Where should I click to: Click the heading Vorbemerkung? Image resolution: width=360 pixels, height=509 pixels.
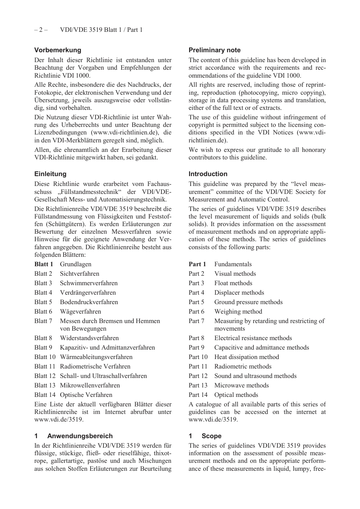pos(58,50)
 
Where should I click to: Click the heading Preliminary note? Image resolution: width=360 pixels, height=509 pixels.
pos(214,50)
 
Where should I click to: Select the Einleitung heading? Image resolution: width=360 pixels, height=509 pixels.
pos(50,174)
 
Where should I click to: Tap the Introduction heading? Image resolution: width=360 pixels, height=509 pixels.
pos(208,174)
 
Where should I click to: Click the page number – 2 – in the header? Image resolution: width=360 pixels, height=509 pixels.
pos(41,30)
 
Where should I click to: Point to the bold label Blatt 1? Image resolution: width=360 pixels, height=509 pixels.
pos(44,264)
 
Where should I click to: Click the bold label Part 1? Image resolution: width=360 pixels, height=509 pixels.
pos(197,264)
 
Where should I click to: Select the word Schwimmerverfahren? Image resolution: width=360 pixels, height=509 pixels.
pos(89,283)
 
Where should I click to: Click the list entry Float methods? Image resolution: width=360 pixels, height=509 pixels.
pos(233,283)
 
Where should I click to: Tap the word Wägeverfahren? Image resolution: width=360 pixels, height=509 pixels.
pos(80,311)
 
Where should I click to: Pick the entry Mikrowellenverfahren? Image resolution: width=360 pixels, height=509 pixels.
pos(90,385)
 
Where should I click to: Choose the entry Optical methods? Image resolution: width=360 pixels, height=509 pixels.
pos(236,395)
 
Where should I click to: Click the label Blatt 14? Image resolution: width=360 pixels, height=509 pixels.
pos(45,395)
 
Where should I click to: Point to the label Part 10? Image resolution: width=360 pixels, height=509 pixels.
pos(198,357)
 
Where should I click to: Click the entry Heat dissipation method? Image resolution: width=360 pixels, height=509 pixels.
pos(246,357)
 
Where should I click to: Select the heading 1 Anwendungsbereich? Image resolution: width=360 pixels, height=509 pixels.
pos(74,436)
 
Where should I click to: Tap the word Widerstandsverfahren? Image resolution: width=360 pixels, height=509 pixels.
pos(89,338)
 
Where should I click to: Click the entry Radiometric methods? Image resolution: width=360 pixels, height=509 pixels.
pos(243,366)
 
